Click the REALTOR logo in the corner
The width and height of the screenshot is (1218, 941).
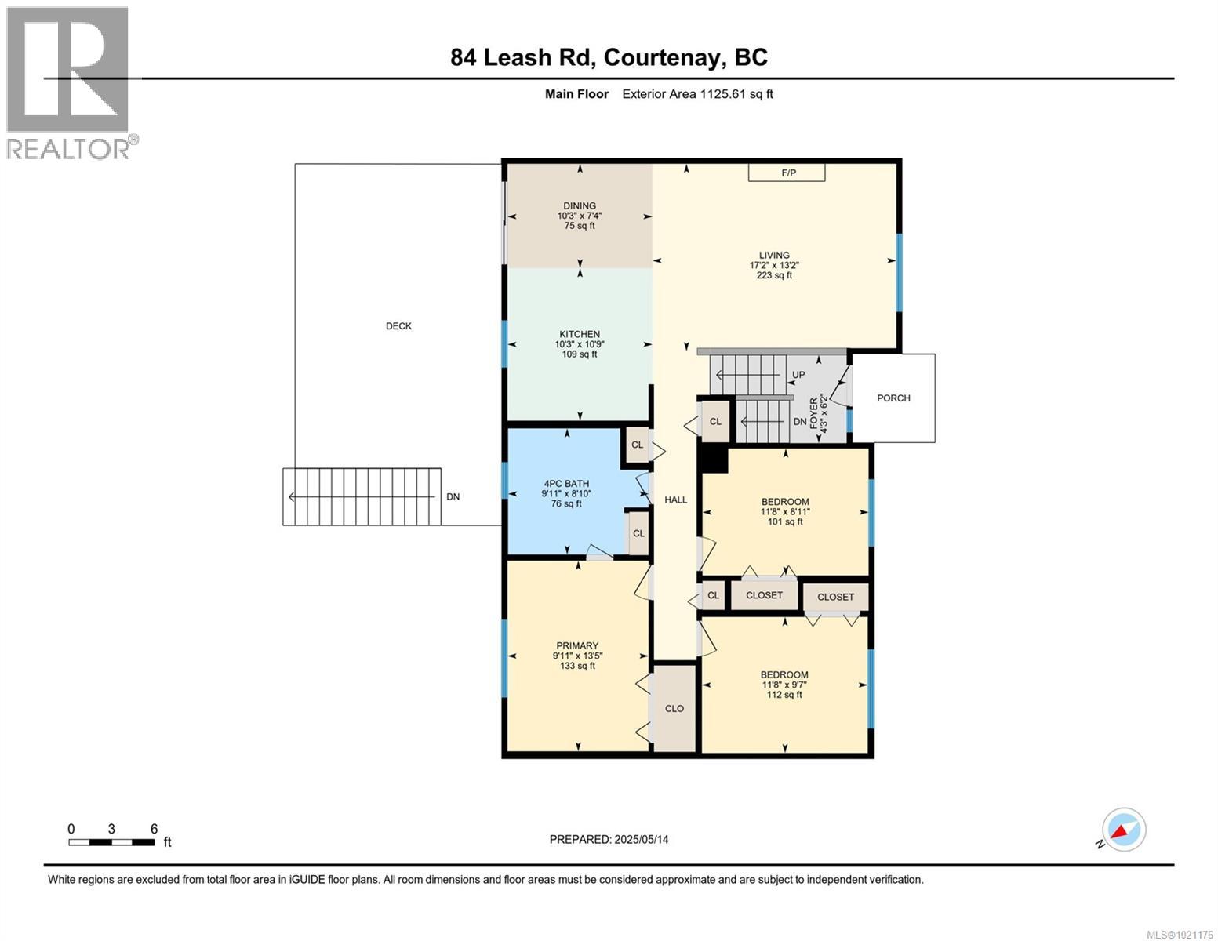[x=69, y=82]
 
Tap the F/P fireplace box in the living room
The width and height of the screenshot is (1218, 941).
[x=787, y=173]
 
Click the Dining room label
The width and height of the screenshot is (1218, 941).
[x=579, y=206]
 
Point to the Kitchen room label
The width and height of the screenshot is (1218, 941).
[x=579, y=334]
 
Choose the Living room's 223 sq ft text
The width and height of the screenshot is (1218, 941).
[x=773, y=275]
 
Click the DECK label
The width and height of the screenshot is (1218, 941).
[x=398, y=326]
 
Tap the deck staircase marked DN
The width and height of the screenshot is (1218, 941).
[x=362, y=496]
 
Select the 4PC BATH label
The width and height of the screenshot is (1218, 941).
[x=565, y=484]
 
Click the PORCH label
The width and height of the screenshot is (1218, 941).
[x=893, y=398]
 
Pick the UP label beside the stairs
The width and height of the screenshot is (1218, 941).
[x=798, y=375]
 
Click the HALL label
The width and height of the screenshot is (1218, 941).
[x=675, y=500]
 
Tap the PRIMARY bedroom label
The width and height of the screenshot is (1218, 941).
[x=577, y=646]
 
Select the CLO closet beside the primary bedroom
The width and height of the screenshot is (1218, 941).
[x=674, y=708]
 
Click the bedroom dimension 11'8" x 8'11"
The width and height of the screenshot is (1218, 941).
[x=784, y=512]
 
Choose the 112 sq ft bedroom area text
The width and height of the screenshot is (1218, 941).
[x=784, y=695]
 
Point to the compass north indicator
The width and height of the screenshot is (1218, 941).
[x=1123, y=830]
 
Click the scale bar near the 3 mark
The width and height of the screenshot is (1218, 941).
[x=111, y=842]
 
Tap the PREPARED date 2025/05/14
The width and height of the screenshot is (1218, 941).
[x=609, y=839]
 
